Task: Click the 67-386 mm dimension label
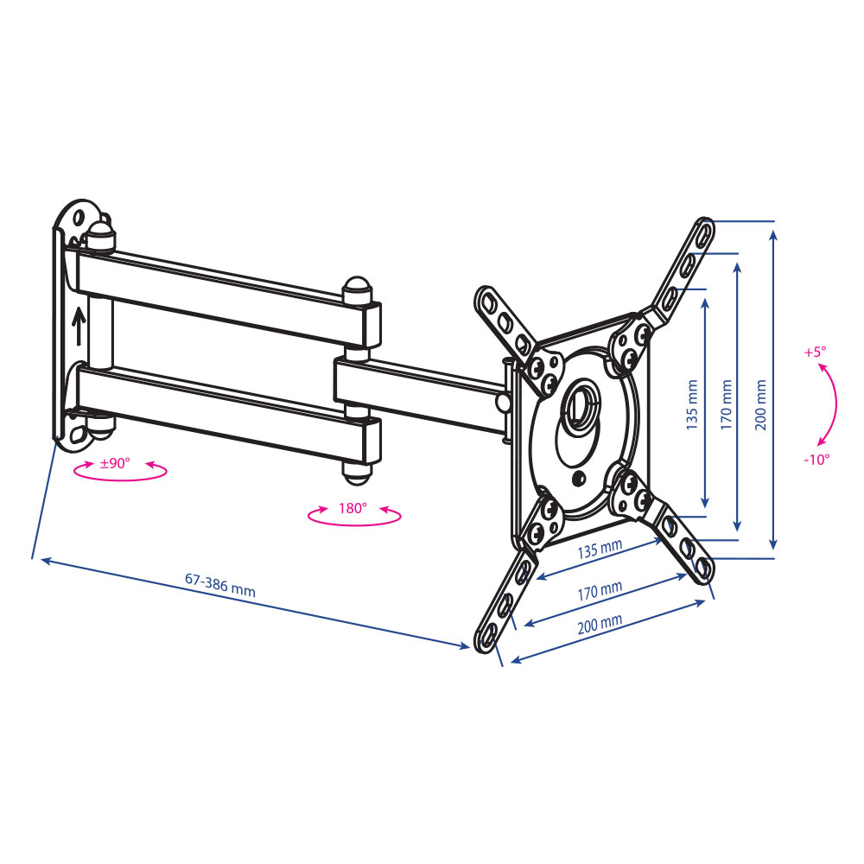pyautogui.click(x=219, y=585)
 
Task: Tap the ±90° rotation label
pyautogui.click(x=115, y=463)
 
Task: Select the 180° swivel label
pyautogui.click(x=353, y=507)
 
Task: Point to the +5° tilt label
pyautogui.click(x=815, y=353)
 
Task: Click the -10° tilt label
pyautogui.click(x=816, y=460)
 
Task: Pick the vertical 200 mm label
pyautogui.click(x=760, y=404)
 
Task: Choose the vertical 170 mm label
pyautogui.click(x=727, y=404)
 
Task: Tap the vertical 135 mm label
pyautogui.click(x=692, y=404)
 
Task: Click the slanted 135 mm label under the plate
pyautogui.click(x=600, y=549)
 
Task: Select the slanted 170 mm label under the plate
pyautogui.click(x=600, y=591)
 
